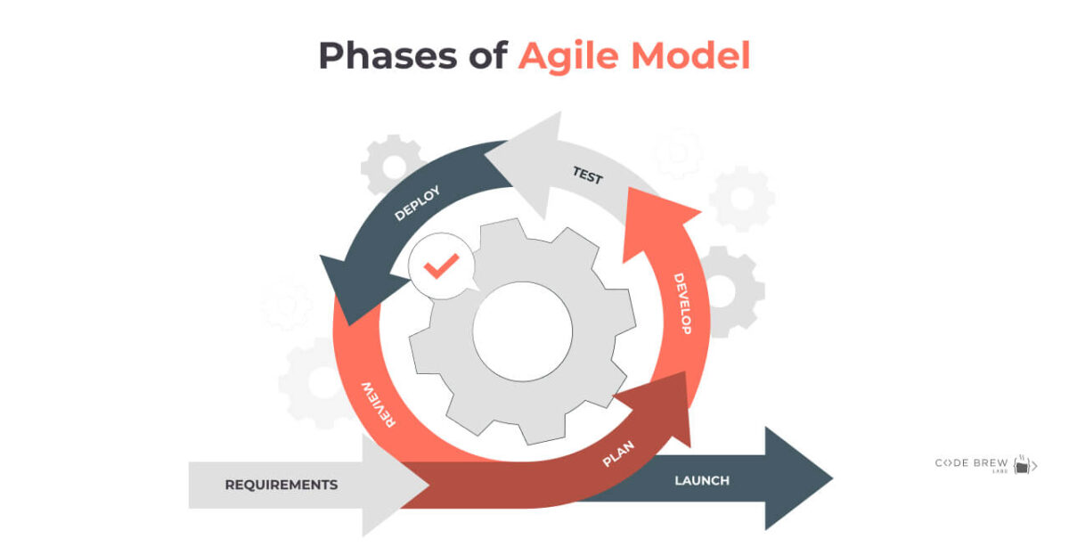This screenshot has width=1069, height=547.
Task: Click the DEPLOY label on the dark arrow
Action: point(417,203)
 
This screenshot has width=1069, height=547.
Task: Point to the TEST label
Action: point(587,176)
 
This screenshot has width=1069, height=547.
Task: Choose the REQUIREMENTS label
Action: point(282,486)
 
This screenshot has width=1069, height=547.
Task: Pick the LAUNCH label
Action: point(702,481)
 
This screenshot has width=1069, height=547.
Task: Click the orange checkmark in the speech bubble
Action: point(441,265)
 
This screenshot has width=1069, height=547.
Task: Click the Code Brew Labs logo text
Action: point(970,463)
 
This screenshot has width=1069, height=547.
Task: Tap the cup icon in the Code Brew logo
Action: point(1023,465)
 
